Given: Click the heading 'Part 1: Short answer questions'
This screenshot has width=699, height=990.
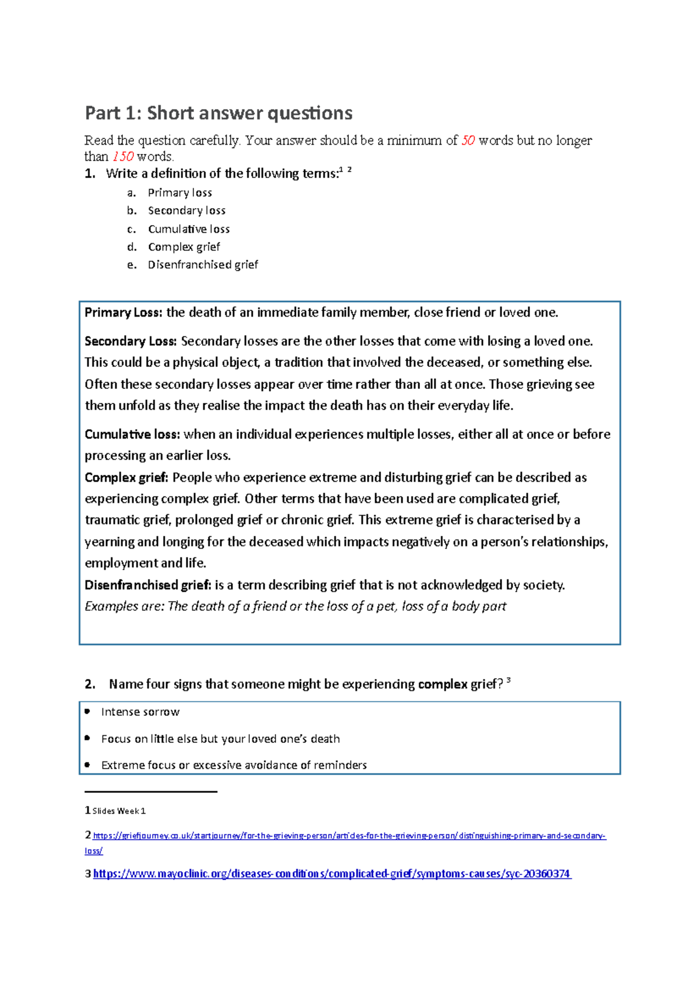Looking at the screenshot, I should pyautogui.click(x=218, y=113).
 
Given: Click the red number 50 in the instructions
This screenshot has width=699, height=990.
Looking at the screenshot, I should pyautogui.click(x=468, y=141).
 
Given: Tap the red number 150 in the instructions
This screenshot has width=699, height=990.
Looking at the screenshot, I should pyautogui.click(x=123, y=157).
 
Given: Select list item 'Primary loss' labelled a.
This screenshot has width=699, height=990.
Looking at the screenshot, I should pyautogui.click(x=179, y=193).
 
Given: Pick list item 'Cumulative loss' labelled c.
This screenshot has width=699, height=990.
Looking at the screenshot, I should pyautogui.click(x=189, y=229).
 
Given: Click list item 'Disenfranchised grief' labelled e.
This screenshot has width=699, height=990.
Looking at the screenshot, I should pyautogui.click(x=203, y=265).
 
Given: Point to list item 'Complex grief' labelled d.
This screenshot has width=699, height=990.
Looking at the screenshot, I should pyautogui.click(x=183, y=247).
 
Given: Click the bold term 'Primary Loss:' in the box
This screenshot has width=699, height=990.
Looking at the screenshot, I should pyautogui.click(x=123, y=313).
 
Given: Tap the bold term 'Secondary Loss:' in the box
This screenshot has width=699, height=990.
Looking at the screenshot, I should pyautogui.click(x=131, y=341).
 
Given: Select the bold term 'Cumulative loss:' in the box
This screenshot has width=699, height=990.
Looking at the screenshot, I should pyautogui.click(x=132, y=434).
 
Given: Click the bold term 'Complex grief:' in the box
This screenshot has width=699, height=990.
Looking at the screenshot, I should pyautogui.click(x=126, y=478).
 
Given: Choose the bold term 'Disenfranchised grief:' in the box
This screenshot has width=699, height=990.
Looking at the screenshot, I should pyautogui.click(x=148, y=585).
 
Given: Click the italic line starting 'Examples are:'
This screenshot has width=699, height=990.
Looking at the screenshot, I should pyautogui.click(x=295, y=606).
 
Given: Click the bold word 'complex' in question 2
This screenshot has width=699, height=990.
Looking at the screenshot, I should pyautogui.click(x=443, y=684).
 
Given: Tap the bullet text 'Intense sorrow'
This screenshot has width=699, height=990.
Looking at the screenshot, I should pyautogui.click(x=140, y=712).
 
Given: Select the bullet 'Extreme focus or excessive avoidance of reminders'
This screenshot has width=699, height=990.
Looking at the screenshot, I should pyautogui.click(x=234, y=765).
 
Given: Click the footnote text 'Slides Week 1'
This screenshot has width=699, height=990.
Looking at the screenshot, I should pyautogui.click(x=119, y=811).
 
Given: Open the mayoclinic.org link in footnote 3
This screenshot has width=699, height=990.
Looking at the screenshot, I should pyautogui.click(x=331, y=874).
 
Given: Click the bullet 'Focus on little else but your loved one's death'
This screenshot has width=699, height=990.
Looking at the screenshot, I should pyautogui.click(x=220, y=739).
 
